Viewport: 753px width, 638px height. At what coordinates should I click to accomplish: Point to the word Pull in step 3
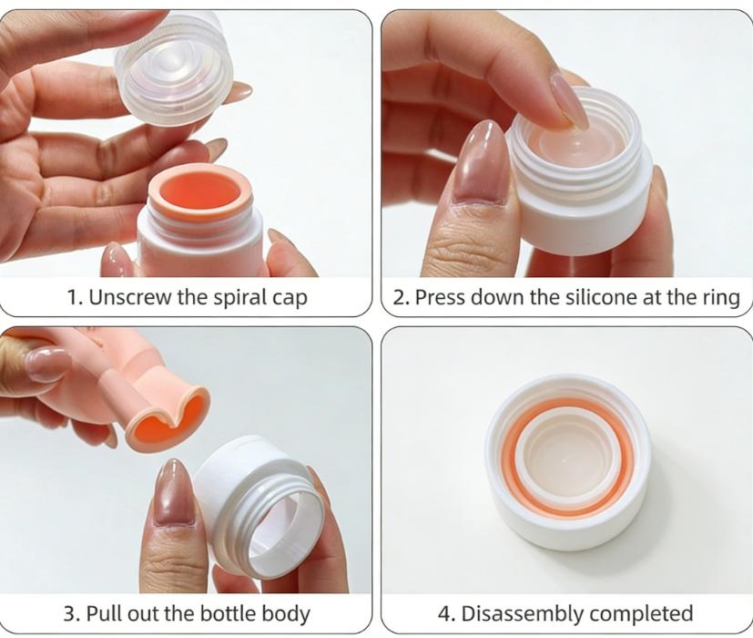coord(107,613)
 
